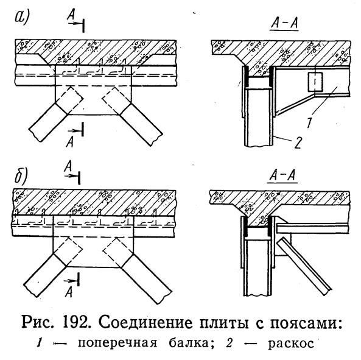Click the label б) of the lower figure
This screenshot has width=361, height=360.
(x=21, y=175)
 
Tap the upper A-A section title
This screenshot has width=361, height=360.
(x=284, y=24)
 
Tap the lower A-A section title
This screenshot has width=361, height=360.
(x=282, y=176)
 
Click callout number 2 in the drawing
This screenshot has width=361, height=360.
(x=297, y=143)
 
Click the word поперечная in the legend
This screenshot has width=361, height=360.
(x=117, y=344)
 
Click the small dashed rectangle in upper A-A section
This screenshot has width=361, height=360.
(x=315, y=82)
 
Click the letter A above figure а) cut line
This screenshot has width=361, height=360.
(x=71, y=16)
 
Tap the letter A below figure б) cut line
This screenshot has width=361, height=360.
(x=69, y=292)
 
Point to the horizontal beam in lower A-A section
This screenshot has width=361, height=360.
(x=313, y=228)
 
